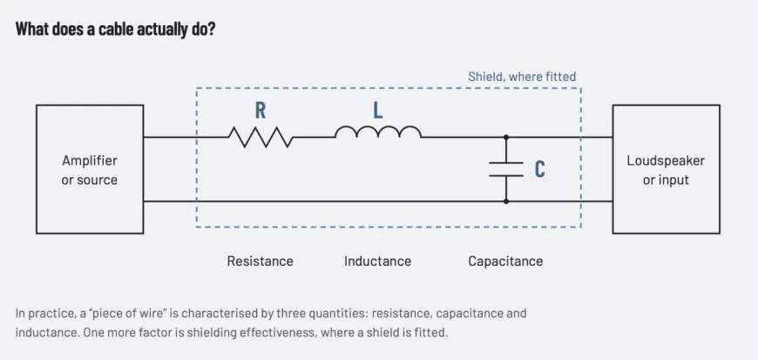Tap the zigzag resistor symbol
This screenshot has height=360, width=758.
(261, 138)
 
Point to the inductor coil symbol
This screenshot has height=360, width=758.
(378, 132)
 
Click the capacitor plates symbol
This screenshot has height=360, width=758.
(506, 169)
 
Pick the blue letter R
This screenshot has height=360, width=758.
(261, 111)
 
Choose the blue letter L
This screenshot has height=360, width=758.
(378, 111)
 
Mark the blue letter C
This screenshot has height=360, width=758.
(540, 169)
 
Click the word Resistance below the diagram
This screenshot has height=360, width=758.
(261, 262)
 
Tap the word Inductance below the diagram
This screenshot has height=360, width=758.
(377, 262)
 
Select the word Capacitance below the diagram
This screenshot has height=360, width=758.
(505, 262)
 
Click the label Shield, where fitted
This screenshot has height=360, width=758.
(522, 77)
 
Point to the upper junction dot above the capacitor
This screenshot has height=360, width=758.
(506, 138)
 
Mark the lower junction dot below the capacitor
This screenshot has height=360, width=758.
(506, 201)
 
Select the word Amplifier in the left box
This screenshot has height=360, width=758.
(90, 160)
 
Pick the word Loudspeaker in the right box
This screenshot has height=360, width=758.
(666, 160)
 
